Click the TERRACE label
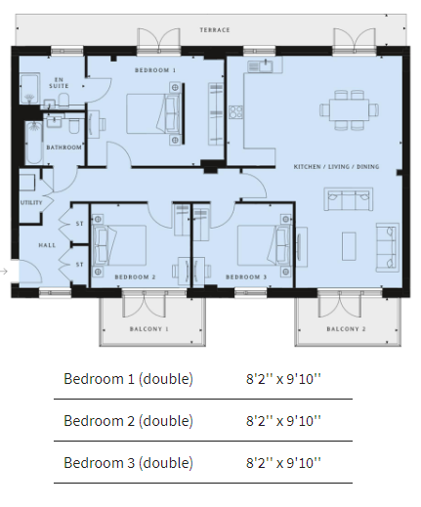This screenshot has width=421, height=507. pos(215,30)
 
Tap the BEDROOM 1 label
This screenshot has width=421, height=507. pos(155,70)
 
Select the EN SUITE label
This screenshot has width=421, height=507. pos(59,83)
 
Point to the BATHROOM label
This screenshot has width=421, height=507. pos(63,148)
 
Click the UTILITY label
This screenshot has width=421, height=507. pos(31,202)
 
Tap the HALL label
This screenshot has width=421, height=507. pos(47,245)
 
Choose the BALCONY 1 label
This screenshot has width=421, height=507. pos(149,329)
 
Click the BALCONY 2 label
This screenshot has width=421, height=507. pos(346,329)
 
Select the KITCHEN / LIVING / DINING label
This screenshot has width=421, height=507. pos(336,167)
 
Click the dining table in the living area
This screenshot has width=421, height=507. pos(349,110)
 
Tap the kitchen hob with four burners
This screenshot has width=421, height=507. pos(235,112)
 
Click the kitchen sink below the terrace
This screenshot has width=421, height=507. pos(262,66)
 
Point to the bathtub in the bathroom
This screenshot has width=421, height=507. pos(34,143)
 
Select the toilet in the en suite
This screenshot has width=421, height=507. pos(63,100)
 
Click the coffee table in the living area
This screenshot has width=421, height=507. pos(349,246)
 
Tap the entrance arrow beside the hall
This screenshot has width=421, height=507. pos(4,271)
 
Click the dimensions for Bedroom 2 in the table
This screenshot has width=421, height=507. pos(283,421)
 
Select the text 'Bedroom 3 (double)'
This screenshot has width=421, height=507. pos(128,463)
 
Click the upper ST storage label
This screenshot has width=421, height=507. pos(79,224)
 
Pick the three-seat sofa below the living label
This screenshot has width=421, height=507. pos(349,199)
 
